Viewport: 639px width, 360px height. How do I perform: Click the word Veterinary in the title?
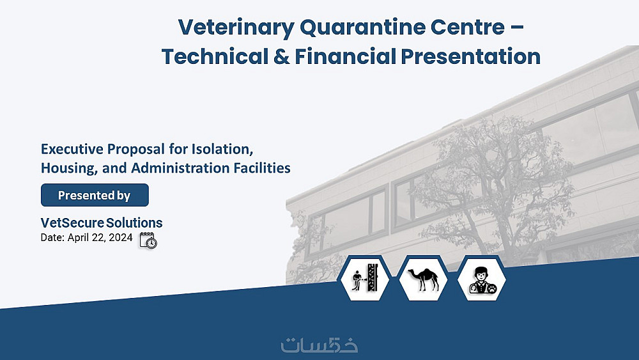pyautogui.click(x=236, y=27)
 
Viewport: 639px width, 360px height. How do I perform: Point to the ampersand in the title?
pyautogui.click(x=282, y=56)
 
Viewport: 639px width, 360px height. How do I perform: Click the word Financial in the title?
pyautogui.click(x=346, y=56)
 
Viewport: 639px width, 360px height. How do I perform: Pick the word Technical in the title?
pyautogui.click(x=215, y=56)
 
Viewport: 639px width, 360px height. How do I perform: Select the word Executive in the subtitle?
pyautogui.click(x=72, y=149)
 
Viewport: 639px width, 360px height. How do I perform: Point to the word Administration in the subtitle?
pyautogui.click(x=181, y=168)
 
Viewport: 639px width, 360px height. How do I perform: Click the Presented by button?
pyautogui.click(x=95, y=195)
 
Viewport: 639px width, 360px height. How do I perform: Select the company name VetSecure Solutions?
pyautogui.click(x=102, y=223)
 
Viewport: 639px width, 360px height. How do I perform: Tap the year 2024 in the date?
pyautogui.click(x=120, y=237)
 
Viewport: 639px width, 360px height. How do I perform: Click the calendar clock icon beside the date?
pyautogui.click(x=148, y=240)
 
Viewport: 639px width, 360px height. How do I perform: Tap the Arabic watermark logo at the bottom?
pyautogui.click(x=319, y=345)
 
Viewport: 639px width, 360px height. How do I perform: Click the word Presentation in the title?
pyautogui.click(x=471, y=56)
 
